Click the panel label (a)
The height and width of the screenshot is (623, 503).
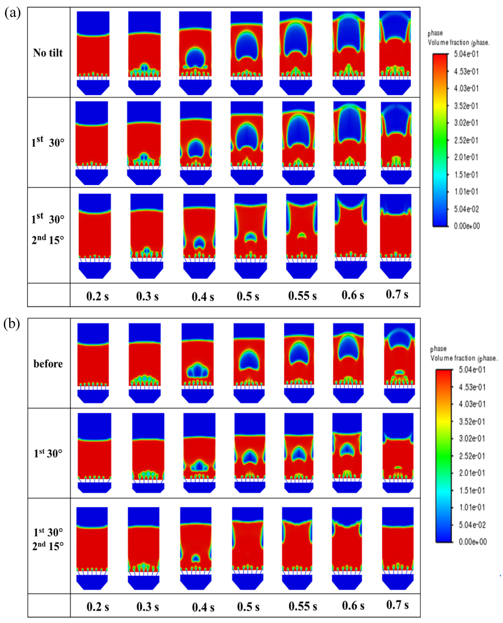tap(12, 14)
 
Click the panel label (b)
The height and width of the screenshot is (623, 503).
tap(12, 324)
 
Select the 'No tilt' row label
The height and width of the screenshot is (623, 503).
tap(48, 53)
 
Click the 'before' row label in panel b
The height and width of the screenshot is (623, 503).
tap(48, 364)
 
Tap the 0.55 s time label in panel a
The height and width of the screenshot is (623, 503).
tap(302, 296)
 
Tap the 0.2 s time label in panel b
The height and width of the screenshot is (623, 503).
tap(97, 607)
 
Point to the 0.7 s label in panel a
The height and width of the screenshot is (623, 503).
tap(397, 294)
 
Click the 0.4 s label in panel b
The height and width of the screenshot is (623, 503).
tap(203, 607)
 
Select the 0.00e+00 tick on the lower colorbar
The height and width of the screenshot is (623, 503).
tap(473, 542)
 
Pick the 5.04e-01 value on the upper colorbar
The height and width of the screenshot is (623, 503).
tap(466, 54)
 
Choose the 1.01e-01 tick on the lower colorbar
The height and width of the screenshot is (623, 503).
tap(472, 507)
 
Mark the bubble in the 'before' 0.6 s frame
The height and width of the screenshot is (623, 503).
tap(348, 348)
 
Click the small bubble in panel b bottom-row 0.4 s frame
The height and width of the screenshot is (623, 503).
tap(195, 558)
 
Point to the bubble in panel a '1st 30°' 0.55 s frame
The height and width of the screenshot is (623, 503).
tap(298, 130)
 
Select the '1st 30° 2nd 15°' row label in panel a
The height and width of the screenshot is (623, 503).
tap(48, 230)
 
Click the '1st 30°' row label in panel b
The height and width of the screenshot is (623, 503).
tap(48, 453)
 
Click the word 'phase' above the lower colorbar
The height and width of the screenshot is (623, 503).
tap(438, 349)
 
